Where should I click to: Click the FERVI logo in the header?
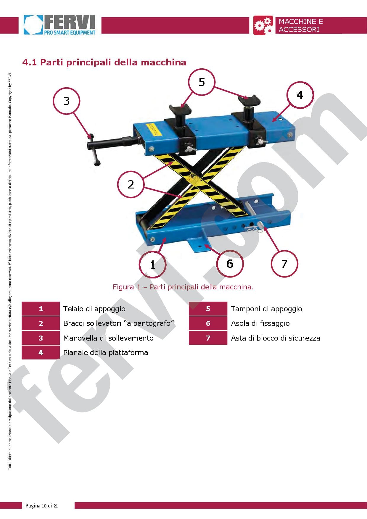click(x=60, y=25)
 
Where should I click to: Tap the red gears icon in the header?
click(x=263, y=25)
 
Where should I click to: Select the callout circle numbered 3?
click(x=67, y=101)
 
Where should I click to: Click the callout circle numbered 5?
click(x=202, y=82)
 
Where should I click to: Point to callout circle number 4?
click(x=300, y=95)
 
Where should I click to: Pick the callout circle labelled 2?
click(x=131, y=184)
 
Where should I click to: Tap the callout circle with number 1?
click(x=153, y=264)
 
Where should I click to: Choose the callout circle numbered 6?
click(x=230, y=263)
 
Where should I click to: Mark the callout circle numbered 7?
click(x=284, y=264)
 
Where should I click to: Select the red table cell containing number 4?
click(x=41, y=352)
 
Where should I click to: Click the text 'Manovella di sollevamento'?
click(x=108, y=338)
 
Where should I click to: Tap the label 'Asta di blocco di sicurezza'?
click(x=276, y=338)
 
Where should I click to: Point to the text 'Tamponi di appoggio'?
click(x=266, y=309)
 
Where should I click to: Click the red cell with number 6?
click(x=208, y=323)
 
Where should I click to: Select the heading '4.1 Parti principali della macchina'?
click(x=104, y=62)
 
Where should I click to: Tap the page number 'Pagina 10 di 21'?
click(x=42, y=506)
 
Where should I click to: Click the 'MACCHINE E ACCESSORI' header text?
click(x=301, y=25)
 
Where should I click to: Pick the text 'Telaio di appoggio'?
click(x=94, y=309)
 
